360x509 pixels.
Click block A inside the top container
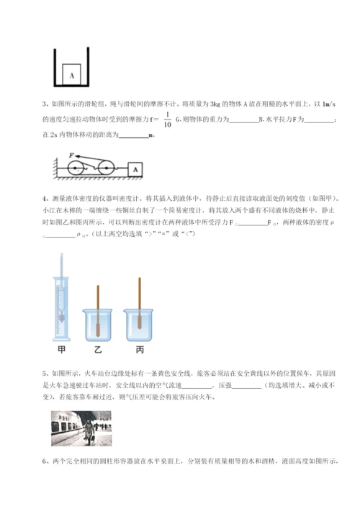click(72, 72)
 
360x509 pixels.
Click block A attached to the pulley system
click(134, 170)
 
